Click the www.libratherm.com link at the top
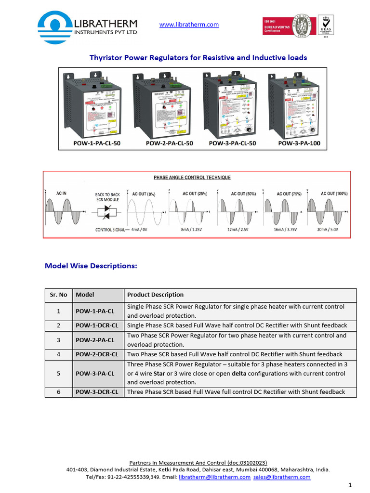189,25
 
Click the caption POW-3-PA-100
299,143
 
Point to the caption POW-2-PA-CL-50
169,143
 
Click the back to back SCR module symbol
107,212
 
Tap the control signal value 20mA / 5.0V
328,230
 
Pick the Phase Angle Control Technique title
192,178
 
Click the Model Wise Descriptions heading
91,265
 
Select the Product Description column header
155,295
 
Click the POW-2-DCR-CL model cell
97,354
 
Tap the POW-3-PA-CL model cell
95,373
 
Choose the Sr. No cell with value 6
58,392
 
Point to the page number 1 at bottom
350,484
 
